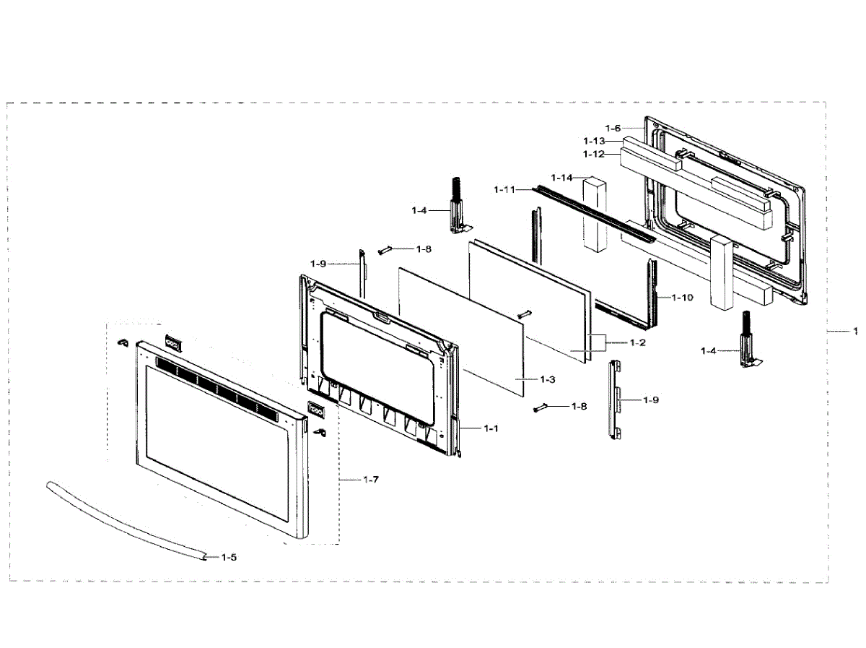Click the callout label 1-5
[x=229, y=557]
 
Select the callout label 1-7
[x=371, y=480]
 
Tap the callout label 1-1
[x=491, y=428]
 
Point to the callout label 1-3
[x=547, y=379]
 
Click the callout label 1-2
[x=636, y=342]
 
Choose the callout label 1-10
[x=682, y=298]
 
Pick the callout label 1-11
[x=505, y=189]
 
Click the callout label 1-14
[x=561, y=178]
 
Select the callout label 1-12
[x=594, y=154]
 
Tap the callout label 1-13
[x=594, y=140]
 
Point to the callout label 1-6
[x=613, y=128]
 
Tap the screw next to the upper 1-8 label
[x=385, y=250]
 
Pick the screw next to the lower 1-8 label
[x=541, y=408]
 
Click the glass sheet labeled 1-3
[x=462, y=329]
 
